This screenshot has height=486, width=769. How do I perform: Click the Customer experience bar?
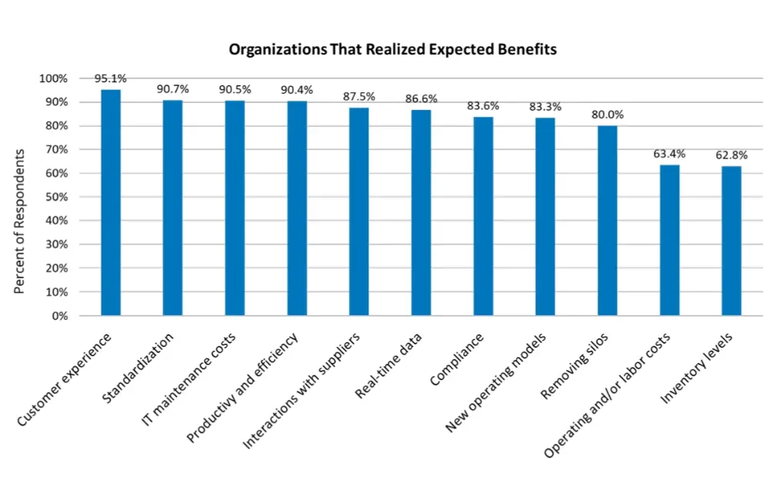click(x=111, y=203)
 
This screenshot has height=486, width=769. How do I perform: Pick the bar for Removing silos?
click(x=608, y=221)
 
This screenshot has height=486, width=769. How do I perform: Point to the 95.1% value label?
click(x=111, y=78)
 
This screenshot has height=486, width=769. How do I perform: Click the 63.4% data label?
click(x=669, y=154)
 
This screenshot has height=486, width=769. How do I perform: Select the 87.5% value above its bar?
click(x=359, y=97)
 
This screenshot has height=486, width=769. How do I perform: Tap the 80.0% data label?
click(x=608, y=115)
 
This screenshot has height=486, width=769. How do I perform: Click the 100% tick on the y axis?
click(x=54, y=78)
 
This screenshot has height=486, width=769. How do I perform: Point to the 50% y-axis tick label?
click(x=56, y=197)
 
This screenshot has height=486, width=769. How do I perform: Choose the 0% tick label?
click(x=59, y=316)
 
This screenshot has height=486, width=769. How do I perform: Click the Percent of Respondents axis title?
click(x=21, y=221)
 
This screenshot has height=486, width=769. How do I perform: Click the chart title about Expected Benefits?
click(x=392, y=49)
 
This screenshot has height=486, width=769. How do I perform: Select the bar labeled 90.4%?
click(x=297, y=208)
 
